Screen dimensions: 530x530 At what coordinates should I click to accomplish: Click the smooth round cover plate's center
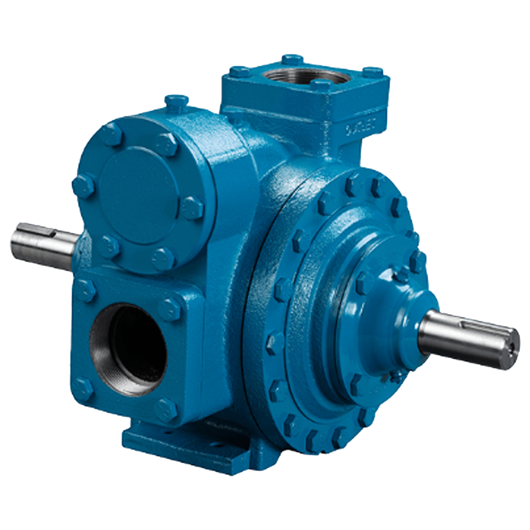137,198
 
